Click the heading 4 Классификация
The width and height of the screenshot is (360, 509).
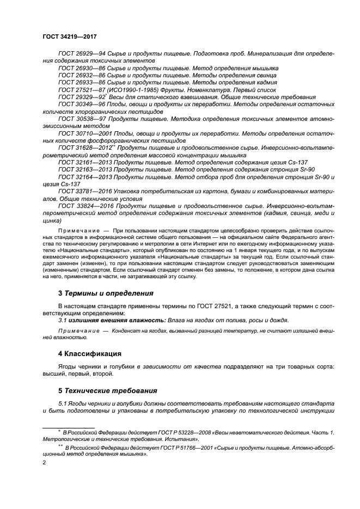point(91,353)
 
